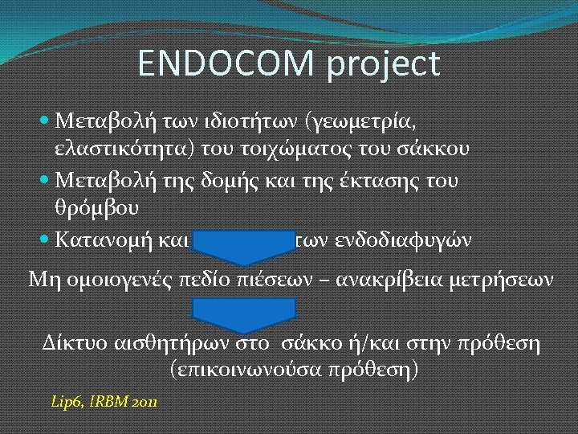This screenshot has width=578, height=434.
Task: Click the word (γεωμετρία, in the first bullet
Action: [x=361, y=121]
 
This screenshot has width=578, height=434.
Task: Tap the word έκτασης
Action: [x=385, y=179]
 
